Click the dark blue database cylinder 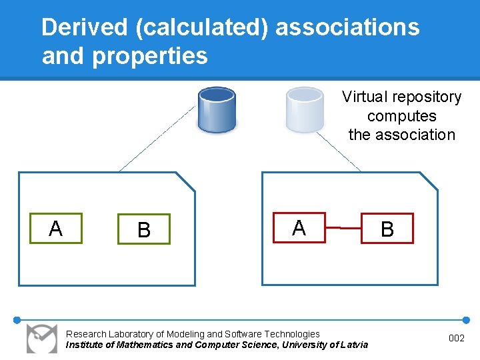tap(217, 109)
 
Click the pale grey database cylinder tap(305, 109)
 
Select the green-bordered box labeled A tap(56, 229)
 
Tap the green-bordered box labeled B tap(144, 229)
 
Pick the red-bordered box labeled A tap(299, 228)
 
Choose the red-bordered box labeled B tap(387, 229)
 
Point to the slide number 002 tap(456, 339)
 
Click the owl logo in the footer tap(41, 338)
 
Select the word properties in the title tap(150, 56)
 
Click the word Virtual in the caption tap(365, 97)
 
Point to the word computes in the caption tap(401, 116)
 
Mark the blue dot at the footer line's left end tap(17, 319)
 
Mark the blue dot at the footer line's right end tap(465, 319)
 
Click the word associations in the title tap(347, 27)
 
